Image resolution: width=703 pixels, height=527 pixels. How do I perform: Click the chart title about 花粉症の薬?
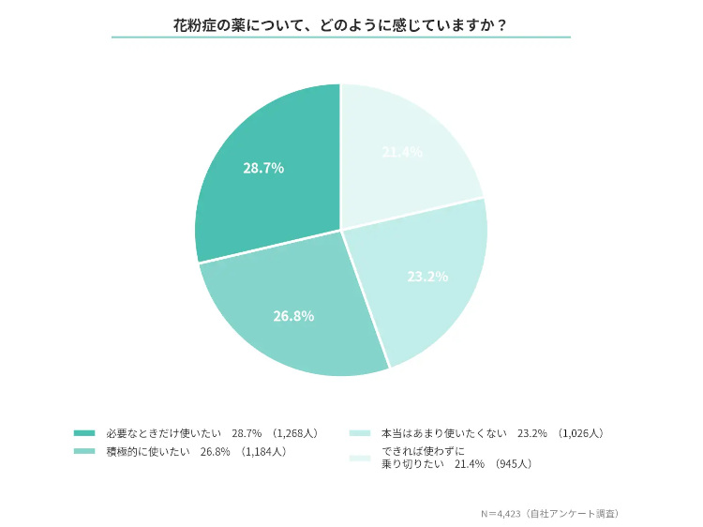click(x=341, y=24)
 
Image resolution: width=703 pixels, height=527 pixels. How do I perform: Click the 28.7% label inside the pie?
click(x=263, y=168)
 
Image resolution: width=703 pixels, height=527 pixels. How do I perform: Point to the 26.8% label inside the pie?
click(x=293, y=316)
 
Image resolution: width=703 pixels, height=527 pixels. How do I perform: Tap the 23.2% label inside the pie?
click(x=427, y=277)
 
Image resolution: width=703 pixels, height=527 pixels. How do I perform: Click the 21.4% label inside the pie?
click(x=402, y=152)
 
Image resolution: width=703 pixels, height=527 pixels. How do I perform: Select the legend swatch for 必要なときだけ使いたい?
click(x=84, y=433)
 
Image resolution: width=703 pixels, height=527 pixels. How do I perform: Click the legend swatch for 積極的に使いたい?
click(x=84, y=452)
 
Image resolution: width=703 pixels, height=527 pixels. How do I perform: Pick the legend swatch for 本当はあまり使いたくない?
click(x=360, y=433)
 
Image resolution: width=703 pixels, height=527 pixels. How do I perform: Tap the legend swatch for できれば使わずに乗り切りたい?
click(x=360, y=459)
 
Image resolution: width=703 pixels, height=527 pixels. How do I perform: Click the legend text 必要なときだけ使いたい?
click(x=164, y=433)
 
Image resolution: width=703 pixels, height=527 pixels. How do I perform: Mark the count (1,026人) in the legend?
click(x=581, y=433)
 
